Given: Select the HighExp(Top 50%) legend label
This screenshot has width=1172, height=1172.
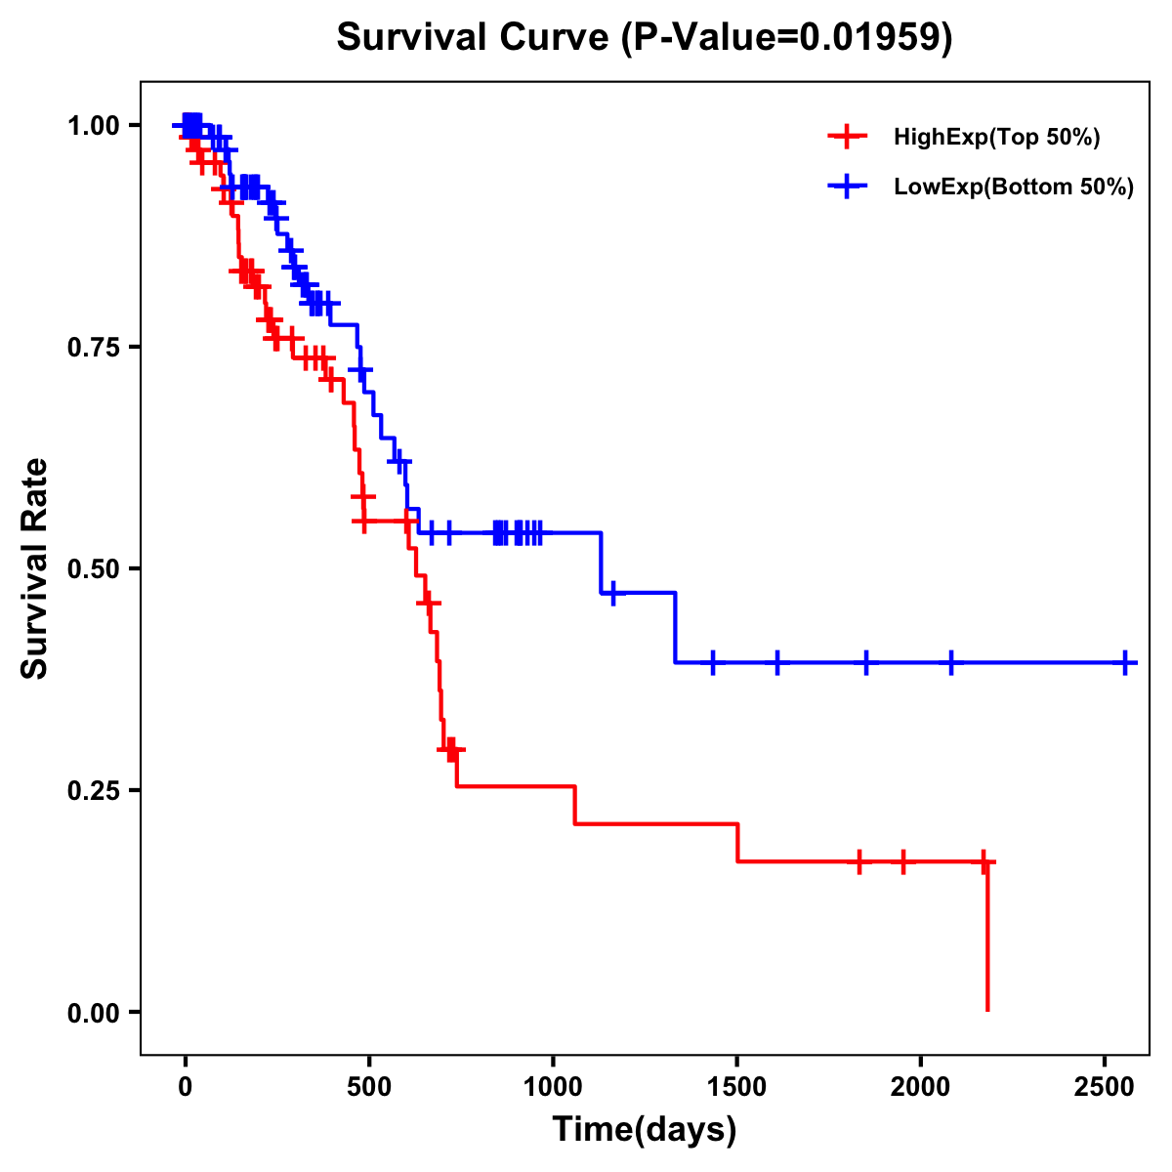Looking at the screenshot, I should pyautogui.click(x=997, y=138).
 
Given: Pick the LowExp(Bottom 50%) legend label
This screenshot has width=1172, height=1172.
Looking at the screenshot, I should pyautogui.click(x=1014, y=188).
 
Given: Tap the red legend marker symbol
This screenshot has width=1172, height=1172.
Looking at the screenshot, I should pyautogui.click(x=848, y=137).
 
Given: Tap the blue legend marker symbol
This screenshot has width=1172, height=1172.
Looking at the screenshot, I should pyautogui.click(x=848, y=187).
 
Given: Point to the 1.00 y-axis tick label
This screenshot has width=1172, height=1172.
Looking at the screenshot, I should pyautogui.click(x=92, y=126).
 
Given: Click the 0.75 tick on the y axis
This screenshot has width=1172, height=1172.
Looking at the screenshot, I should pyautogui.click(x=92, y=348).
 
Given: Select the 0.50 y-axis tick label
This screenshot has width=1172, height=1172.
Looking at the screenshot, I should pyautogui.click(x=92, y=569).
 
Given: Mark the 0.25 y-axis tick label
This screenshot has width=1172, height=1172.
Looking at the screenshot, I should pyautogui.click(x=92, y=791).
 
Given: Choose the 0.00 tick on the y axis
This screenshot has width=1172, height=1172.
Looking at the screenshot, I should pyautogui.click(x=92, y=1013).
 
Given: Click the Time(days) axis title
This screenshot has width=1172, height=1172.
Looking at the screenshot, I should pyautogui.click(x=645, y=1130).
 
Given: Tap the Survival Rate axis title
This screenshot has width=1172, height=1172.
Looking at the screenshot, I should pyautogui.click(x=36, y=568).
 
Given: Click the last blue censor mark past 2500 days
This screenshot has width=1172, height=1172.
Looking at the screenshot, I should pyautogui.click(x=1126, y=662).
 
